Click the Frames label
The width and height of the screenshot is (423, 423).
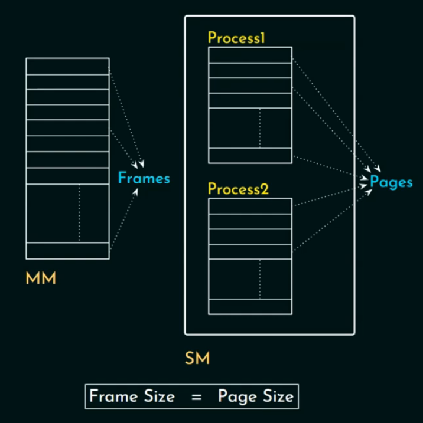pyautogui.click(x=144, y=178)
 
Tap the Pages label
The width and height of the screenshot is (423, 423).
pyautogui.click(x=391, y=182)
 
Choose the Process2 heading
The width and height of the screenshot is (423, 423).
pyautogui.click(x=238, y=189)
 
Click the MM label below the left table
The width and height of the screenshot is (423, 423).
pyautogui.click(x=41, y=278)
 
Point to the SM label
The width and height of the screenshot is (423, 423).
pyautogui.click(x=197, y=358)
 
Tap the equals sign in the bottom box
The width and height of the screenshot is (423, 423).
pyautogui.click(x=196, y=397)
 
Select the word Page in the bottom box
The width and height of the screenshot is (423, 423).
pyautogui.click(x=235, y=397)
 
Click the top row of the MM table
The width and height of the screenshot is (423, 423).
pyautogui.click(x=67, y=65)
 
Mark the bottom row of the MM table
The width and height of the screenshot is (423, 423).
pyautogui.click(x=67, y=251)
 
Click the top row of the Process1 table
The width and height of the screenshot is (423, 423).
pyautogui.click(x=250, y=55)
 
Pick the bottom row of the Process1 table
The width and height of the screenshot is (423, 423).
pyautogui.click(x=250, y=155)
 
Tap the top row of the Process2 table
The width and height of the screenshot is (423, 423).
pyautogui.click(x=250, y=206)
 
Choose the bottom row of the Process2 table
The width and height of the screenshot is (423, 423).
pyautogui.click(x=250, y=307)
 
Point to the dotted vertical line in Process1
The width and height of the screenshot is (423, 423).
pyautogui.click(x=259, y=128)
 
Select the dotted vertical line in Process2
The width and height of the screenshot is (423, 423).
pyautogui.click(x=259, y=279)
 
